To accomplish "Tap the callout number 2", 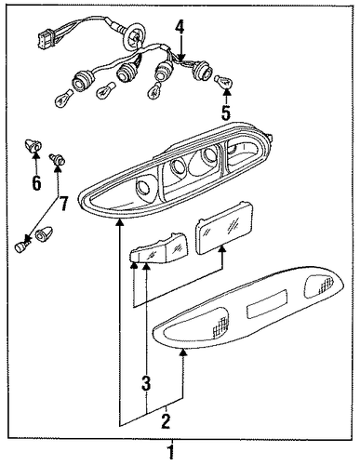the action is (166, 421).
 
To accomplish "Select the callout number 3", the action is (146, 383).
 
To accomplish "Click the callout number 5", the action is (226, 112).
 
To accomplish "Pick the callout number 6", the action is (36, 183).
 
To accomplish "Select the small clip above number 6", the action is (33, 146).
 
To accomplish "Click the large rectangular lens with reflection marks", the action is (223, 228).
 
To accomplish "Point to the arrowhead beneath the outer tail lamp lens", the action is (183, 352).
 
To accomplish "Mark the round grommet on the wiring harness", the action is (136, 35).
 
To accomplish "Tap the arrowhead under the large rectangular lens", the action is (222, 249).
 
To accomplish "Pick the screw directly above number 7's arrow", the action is (58, 159).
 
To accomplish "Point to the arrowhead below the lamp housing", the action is (120, 222).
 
